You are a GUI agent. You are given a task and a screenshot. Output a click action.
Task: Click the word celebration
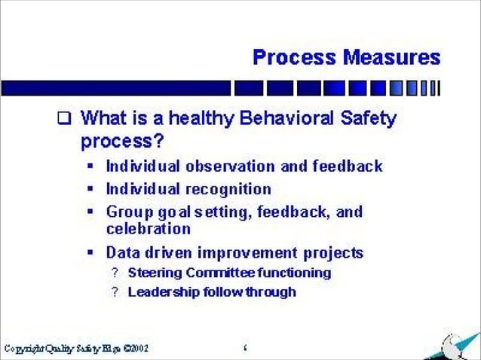[x=149, y=227]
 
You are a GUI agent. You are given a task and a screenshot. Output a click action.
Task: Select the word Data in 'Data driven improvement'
[x=122, y=252]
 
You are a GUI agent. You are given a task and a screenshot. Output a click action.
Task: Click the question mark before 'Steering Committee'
[x=115, y=273]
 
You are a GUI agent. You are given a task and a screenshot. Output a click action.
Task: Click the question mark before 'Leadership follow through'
[x=115, y=291]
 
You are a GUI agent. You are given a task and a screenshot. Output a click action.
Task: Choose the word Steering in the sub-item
[x=152, y=273]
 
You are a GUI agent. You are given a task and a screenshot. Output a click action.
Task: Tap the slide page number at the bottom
[x=246, y=348]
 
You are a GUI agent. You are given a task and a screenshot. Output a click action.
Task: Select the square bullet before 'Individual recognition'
[x=91, y=189]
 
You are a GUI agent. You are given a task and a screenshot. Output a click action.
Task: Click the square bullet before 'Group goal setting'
[x=91, y=212]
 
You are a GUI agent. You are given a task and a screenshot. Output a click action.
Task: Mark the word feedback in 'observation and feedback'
[x=348, y=166]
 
